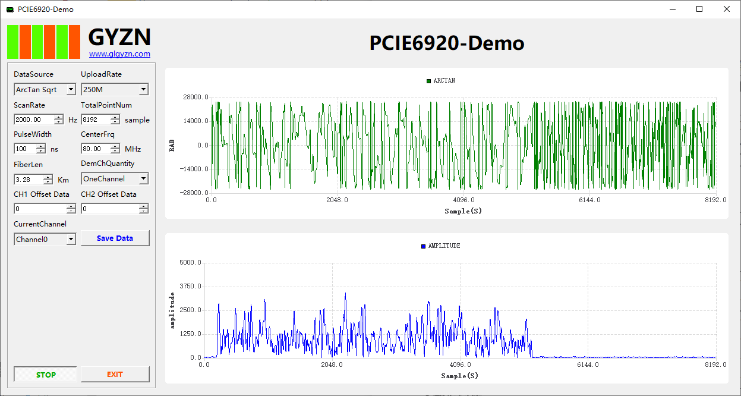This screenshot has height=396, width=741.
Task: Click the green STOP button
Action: tap(46, 375)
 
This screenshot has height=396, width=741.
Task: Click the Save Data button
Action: tap(115, 238)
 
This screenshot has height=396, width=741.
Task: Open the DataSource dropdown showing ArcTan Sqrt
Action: tap(45, 90)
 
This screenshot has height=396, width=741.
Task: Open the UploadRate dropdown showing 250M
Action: tap(115, 90)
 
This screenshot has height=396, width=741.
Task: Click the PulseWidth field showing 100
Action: tap(26, 149)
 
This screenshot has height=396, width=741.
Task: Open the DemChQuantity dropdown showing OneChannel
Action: tap(115, 179)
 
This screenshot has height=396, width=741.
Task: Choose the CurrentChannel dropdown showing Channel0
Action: tap(45, 240)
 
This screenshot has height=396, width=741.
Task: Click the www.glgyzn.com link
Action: tap(119, 54)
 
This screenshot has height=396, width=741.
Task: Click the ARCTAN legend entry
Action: tap(441, 81)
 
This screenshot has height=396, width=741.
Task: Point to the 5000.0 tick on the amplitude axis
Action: tap(191, 262)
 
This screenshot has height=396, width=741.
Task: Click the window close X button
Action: tap(726, 9)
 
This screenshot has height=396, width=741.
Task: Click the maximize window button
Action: tap(699, 9)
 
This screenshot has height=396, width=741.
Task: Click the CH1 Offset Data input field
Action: tap(40, 209)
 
